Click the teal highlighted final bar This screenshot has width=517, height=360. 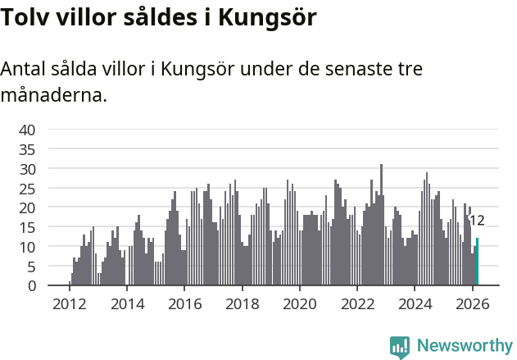coord(477,262)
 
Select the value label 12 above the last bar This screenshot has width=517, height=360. coord(477,220)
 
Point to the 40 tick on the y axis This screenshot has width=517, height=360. coord(27,130)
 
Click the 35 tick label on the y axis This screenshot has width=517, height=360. coord(27,149)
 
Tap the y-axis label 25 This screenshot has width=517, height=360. coord(27,189)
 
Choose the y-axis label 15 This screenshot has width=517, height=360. coord(27,227)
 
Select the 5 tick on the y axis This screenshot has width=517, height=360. coord(31,267)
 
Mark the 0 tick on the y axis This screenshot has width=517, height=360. coord(31,286)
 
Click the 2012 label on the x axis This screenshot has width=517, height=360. coord(69,304)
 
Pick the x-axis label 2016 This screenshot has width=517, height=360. coord(184,304)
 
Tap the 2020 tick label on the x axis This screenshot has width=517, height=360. coord(299,304)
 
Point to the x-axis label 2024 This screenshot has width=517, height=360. coord(415,304)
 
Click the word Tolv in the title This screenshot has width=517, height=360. coord(24,17)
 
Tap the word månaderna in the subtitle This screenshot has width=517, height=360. coord(54,95)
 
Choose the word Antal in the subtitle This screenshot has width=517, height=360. coord(24,69)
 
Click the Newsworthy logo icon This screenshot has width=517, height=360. coord(400,347)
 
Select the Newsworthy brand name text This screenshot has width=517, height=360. coord(464,346)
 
